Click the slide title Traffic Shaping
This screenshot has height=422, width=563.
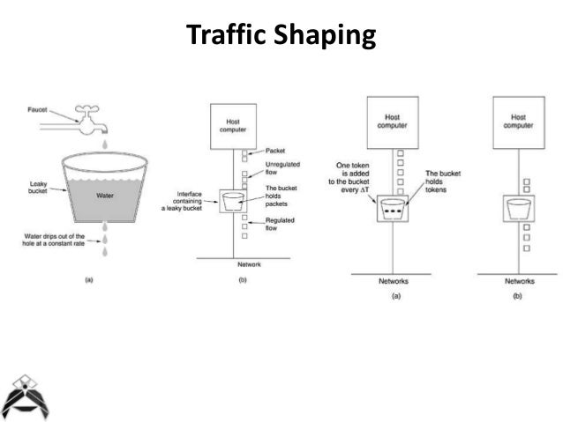[281, 37]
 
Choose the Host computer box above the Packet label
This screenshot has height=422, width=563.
[232, 124]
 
